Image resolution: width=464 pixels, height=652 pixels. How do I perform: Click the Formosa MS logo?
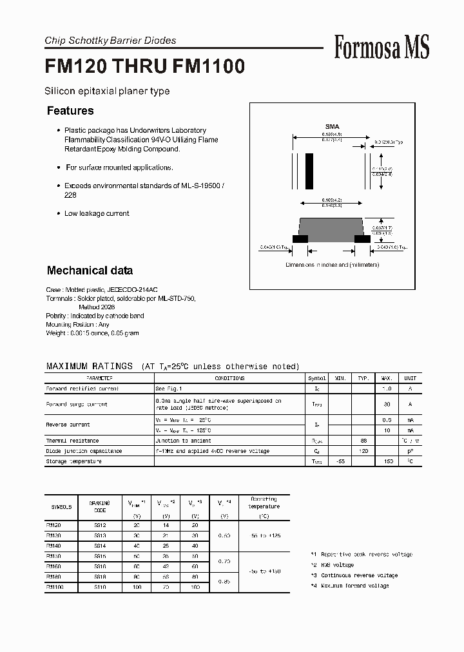(x=382, y=47)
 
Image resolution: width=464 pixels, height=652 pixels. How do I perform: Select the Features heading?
(x=70, y=111)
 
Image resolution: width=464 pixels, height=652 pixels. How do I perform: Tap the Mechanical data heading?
(x=90, y=271)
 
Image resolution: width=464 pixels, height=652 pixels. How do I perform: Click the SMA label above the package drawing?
(x=332, y=127)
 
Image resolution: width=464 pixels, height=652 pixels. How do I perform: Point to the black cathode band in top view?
(x=309, y=170)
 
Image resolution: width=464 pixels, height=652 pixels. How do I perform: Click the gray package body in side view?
(x=332, y=227)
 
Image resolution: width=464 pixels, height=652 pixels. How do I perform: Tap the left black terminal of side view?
(x=300, y=238)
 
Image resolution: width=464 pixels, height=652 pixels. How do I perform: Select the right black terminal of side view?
(x=363, y=238)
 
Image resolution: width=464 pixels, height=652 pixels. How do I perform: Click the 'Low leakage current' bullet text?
(x=97, y=213)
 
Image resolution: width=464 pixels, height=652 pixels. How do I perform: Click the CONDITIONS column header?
(x=229, y=379)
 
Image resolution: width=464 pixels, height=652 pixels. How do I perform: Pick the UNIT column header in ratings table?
(x=410, y=379)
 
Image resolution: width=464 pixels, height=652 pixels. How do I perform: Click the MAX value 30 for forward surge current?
(x=387, y=404)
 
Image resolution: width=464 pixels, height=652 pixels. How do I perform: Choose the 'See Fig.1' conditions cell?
(x=168, y=389)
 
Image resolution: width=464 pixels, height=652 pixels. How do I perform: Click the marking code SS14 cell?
(x=99, y=546)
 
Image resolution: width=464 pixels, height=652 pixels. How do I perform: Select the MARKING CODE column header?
(x=99, y=506)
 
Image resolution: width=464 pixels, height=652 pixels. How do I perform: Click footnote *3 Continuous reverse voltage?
(x=354, y=575)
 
